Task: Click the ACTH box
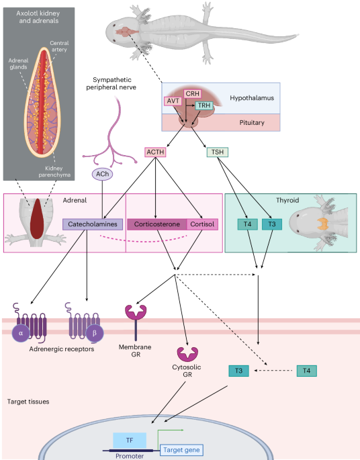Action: coord(155,152)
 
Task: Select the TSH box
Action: coord(218,152)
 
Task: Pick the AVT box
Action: coord(174,101)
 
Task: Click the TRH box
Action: coord(204,106)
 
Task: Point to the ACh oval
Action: coord(103,175)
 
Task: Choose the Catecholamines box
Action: coord(93,224)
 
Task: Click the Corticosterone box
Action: coord(157,224)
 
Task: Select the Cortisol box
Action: coord(203,224)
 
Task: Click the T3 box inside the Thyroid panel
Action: coord(271,224)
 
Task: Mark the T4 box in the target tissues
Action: coord(306,371)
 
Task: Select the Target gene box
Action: coord(181,450)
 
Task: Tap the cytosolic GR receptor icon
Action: coord(186,355)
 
